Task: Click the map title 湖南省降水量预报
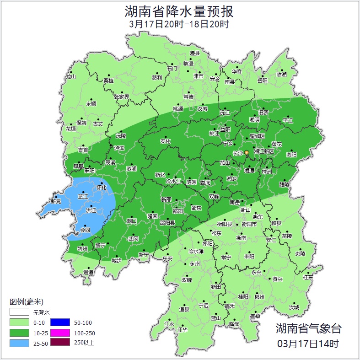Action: [179, 11]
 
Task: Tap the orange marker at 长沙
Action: [247, 152]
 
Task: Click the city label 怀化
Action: [102, 188]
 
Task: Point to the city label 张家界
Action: [122, 97]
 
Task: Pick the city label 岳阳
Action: [262, 81]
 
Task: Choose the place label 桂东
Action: [308, 277]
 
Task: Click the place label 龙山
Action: [70, 77]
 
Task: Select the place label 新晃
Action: [56, 201]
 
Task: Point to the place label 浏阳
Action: [291, 155]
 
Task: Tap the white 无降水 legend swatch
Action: [20, 312]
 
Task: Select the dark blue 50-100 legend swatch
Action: [59, 322]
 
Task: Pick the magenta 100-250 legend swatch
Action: [59, 333]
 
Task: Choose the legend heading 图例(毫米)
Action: [26, 302]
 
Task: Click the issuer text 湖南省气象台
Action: [308, 328]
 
